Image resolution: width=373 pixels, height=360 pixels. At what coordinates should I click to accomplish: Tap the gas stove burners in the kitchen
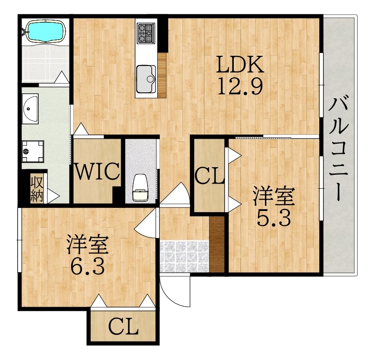pos(146,33)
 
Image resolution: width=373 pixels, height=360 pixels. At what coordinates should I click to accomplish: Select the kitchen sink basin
pos(146,79)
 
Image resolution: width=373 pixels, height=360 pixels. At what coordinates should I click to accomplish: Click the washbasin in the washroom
pos(30,109)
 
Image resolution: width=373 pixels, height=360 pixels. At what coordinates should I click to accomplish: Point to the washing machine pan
pos(33,151)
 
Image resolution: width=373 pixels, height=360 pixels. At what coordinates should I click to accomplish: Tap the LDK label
pos(240,64)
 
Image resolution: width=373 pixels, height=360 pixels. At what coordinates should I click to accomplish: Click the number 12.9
pos(240,86)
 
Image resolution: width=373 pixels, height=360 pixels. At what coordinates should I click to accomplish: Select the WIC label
pos(97,171)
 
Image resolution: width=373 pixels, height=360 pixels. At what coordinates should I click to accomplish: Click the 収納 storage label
pos(37,189)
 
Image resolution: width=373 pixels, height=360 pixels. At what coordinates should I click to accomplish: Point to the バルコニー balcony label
pos(339,148)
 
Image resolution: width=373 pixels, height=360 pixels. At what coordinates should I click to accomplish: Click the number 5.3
pos(274,218)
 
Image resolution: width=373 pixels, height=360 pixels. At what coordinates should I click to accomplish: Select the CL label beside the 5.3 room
pos(209,176)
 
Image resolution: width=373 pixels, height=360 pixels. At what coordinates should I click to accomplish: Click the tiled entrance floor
pos(184,256)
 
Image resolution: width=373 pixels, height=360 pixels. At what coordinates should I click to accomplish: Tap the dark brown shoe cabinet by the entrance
pos(217,244)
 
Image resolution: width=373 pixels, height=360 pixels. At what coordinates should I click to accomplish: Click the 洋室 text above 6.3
pos(87,245)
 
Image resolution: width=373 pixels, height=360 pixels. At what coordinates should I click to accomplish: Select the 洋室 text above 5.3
pos(274,197)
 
